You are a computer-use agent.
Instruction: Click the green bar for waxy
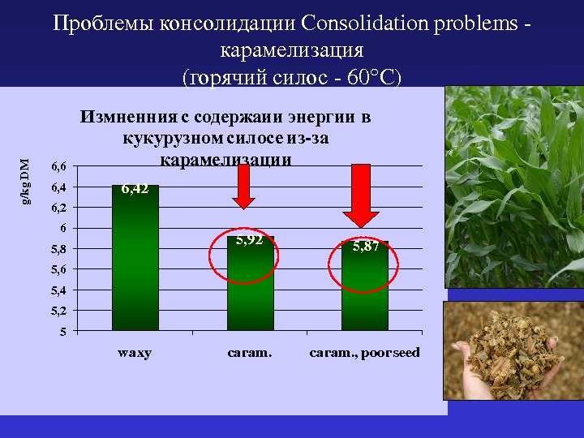[x=135, y=258]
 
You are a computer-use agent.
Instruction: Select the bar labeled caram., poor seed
[x=365, y=286]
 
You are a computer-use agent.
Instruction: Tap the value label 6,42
[x=135, y=189]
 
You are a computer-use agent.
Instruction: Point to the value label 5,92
[x=250, y=240]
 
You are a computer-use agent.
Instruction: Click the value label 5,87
[x=366, y=247]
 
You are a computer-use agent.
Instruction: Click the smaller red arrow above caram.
[x=243, y=187]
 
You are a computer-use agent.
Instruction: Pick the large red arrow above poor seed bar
[x=361, y=196]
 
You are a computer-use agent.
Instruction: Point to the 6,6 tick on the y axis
[x=58, y=166]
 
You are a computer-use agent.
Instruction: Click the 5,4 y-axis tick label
[x=58, y=290]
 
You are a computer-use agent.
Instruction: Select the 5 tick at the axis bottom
[x=63, y=331]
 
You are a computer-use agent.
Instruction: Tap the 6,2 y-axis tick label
[x=58, y=208]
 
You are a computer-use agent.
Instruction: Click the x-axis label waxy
[x=135, y=353]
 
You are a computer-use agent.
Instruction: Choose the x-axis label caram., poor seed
[x=365, y=353]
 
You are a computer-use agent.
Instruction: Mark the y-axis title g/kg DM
[x=25, y=182]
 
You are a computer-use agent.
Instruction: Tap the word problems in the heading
[x=475, y=24]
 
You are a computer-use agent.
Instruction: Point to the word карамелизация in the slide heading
[x=292, y=51]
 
